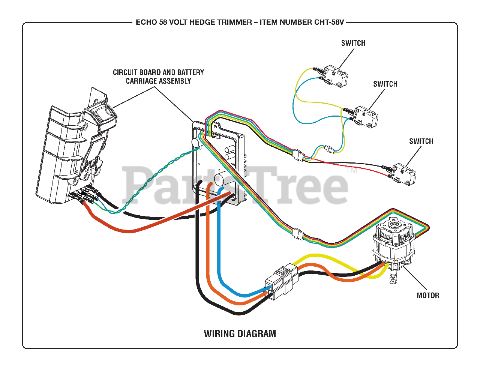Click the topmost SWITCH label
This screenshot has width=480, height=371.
click(353, 43)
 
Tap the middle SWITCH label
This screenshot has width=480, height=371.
click(385, 84)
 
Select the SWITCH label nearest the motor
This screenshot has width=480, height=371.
click(421, 141)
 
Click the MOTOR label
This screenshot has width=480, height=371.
click(427, 295)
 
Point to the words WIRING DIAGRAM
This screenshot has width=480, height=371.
click(240, 333)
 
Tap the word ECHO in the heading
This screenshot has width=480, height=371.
click(146, 22)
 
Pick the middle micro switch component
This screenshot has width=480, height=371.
click(366, 116)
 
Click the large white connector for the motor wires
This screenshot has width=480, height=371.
click(281, 281)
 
